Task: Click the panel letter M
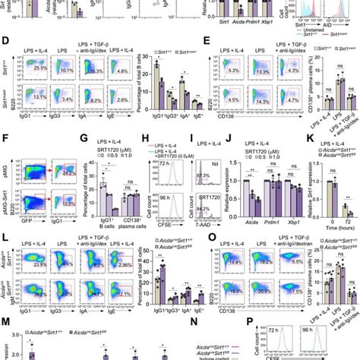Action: [5, 323]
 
